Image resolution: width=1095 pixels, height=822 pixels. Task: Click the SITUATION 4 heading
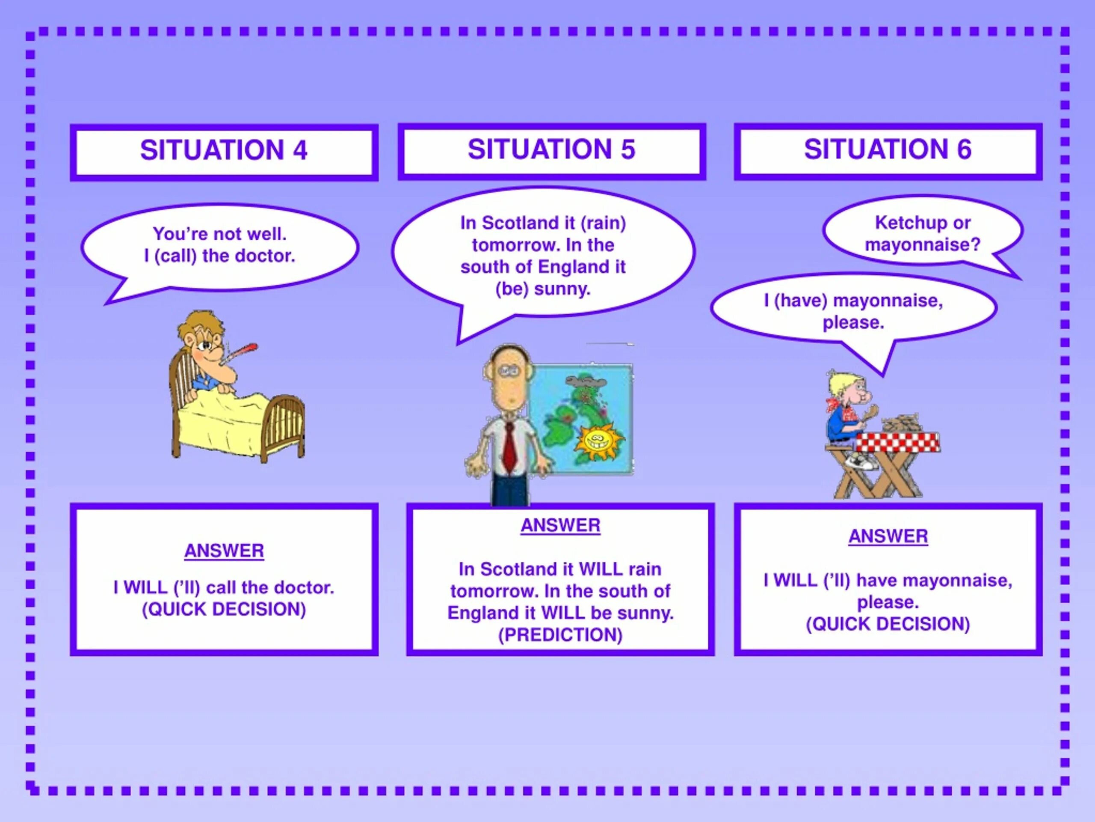224,150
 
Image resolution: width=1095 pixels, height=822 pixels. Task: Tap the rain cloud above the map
586,381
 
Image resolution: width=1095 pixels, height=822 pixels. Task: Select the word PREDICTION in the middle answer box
560,635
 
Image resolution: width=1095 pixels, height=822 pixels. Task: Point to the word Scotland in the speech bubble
512,223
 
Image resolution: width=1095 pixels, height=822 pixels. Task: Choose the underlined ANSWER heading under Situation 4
224,551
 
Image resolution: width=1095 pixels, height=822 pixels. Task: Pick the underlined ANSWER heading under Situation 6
888,536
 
